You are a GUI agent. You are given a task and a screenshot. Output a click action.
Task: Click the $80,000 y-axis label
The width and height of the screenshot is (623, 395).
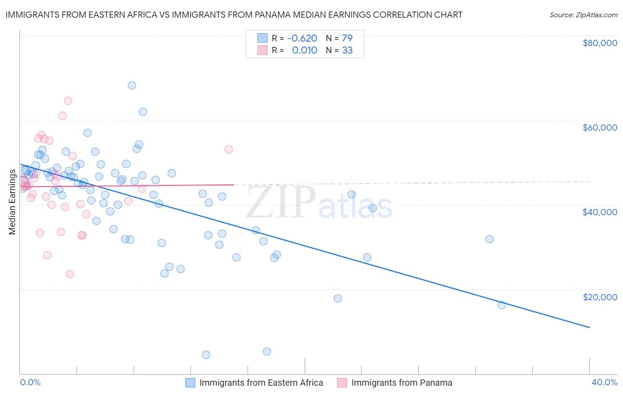coord(600,43)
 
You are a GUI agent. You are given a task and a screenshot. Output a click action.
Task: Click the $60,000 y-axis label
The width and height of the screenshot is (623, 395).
coord(600,128)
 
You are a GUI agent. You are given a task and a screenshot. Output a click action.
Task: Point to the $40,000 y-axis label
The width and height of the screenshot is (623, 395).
coord(600,212)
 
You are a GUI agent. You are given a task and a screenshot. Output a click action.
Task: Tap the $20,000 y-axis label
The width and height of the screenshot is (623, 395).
coord(600,297)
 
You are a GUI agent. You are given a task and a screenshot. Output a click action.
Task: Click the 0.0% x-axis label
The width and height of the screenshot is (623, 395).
coord(30,382)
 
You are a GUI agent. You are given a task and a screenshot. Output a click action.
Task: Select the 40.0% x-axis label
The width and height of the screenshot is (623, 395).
coord(604,382)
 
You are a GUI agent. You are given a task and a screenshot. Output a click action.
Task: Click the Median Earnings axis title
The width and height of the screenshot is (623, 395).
coord(12,201)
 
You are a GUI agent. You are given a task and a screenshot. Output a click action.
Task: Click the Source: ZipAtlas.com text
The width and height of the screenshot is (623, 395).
coord(583,15)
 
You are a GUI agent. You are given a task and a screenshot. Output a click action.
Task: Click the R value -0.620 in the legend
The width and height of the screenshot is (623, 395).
coord(302,38)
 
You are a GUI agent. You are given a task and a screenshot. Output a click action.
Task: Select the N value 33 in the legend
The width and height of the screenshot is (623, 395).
coord(347,50)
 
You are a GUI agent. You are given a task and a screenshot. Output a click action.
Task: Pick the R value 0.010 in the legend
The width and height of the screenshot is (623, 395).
coord(304,50)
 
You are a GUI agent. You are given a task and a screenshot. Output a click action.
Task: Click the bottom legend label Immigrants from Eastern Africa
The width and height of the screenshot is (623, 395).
coord(261,383)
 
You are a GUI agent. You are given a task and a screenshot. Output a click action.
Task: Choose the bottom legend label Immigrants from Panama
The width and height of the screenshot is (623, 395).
coord(401,383)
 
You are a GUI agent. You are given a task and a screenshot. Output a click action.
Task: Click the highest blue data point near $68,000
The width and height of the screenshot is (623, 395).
coord(132,85)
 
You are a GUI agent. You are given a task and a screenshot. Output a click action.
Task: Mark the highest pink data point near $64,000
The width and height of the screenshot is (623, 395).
coord(68,101)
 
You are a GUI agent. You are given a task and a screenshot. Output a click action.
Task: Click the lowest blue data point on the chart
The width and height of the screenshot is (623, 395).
coord(206,355)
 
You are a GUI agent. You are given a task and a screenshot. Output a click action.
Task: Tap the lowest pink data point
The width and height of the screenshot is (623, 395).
coord(70,274)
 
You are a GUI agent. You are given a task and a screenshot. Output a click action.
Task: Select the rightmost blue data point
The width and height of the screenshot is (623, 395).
coord(502,305)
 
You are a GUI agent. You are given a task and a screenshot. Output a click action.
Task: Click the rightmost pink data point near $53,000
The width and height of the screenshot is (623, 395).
coord(229,149)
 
